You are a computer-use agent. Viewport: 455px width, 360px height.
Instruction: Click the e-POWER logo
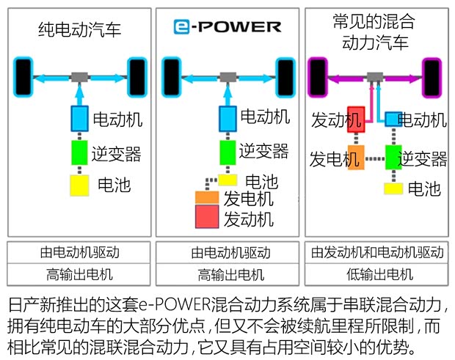click(x=227, y=27)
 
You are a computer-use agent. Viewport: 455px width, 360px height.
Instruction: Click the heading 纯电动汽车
click(x=79, y=30)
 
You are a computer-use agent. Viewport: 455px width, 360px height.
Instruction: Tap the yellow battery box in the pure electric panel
click(x=79, y=185)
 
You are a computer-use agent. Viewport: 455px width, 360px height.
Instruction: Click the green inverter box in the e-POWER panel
click(x=228, y=152)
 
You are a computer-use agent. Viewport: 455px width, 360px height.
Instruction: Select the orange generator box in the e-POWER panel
click(x=206, y=198)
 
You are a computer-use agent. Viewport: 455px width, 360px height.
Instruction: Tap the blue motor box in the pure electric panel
click(x=79, y=117)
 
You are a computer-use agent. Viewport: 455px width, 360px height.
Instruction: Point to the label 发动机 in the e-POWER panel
click(x=248, y=218)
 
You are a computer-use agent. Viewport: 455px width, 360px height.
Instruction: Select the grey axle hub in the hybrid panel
click(x=375, y=76)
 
